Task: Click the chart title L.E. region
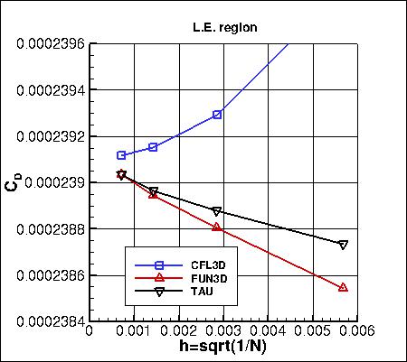pyautogui.click(x=225, y=27)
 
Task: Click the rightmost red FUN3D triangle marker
pyautogui.click(x=343, y=287)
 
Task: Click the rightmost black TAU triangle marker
pyautogui.click(x=343, y=245)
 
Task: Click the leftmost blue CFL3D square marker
pyautogui.click(x=121, y=155)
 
